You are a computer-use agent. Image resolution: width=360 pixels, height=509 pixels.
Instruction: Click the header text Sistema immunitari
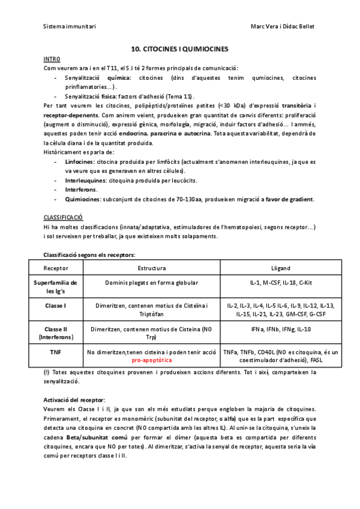(70, 26)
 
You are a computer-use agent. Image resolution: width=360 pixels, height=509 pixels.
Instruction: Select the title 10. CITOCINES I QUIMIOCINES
(179, 49)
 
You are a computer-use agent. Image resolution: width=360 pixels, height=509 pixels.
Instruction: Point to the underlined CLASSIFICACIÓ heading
(63, 216)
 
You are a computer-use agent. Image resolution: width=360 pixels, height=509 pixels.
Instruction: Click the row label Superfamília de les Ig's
(55, 286)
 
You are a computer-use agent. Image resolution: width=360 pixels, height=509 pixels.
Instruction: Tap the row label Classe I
(55, 306)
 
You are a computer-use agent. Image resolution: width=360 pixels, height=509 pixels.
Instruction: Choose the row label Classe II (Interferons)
(55, 333)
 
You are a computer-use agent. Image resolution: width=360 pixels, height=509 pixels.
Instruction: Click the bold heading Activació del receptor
(74, 400)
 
